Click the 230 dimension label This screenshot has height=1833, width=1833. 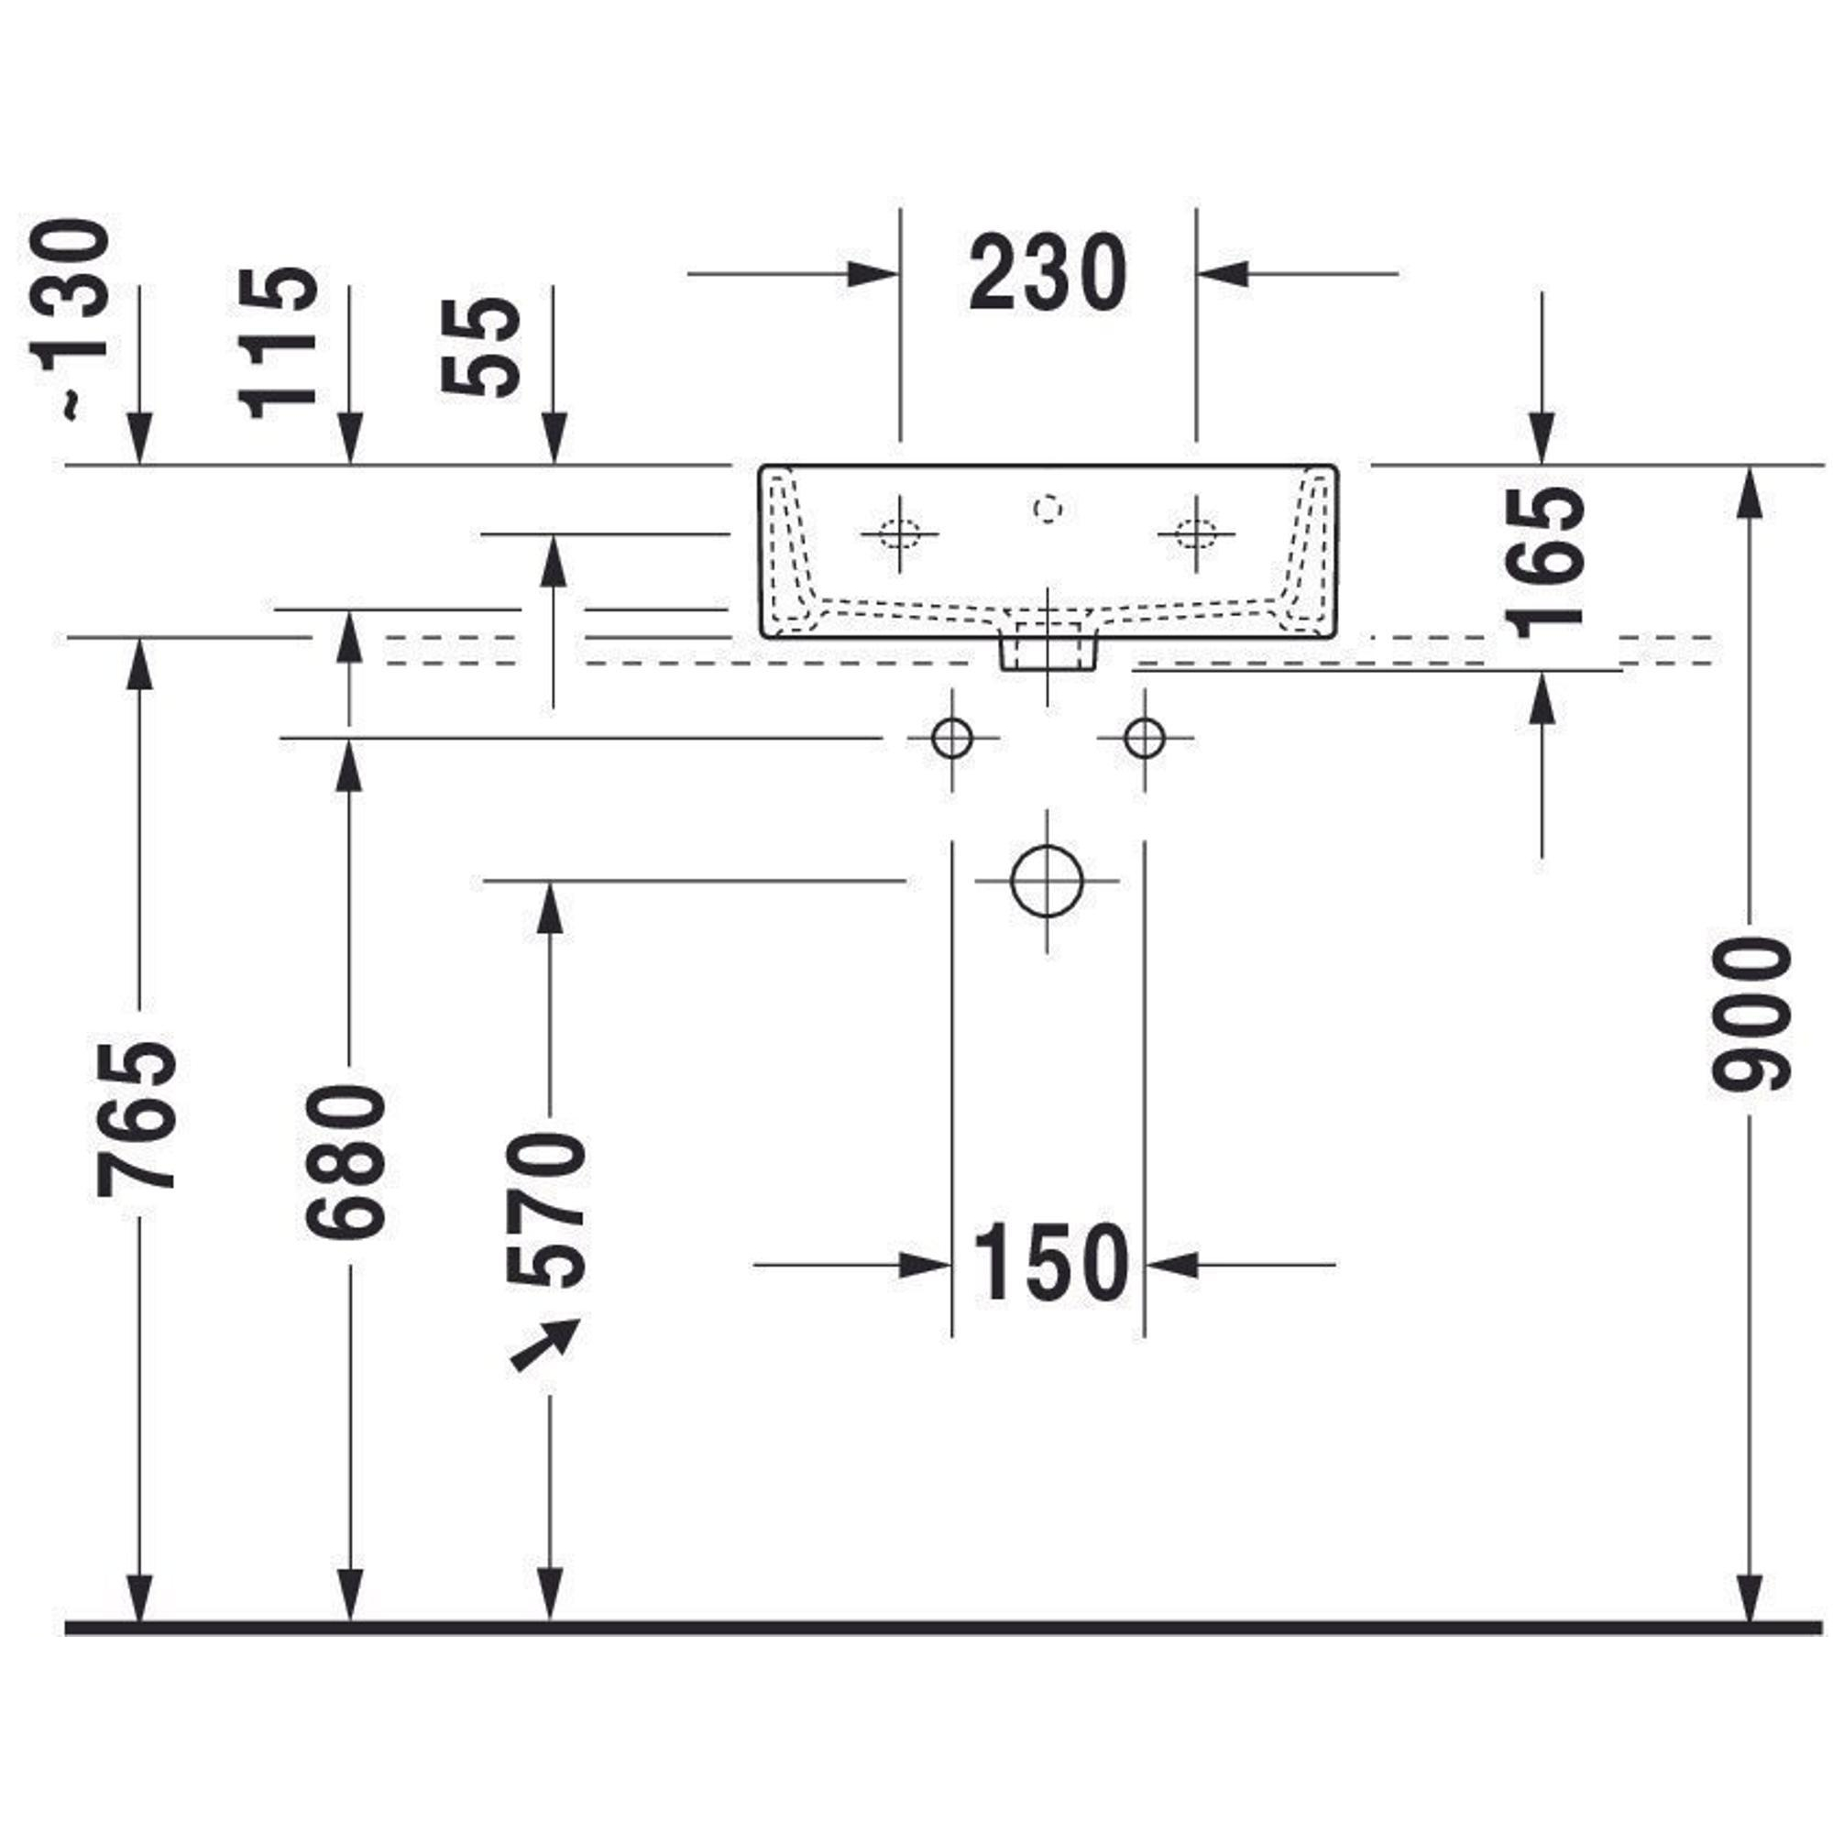pyautogui.click(x=1048, y=274)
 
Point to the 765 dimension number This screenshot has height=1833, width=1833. pyautogui.click(x=137, y=1117)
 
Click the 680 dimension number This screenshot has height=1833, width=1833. pyautogui.click(x=347, y=1161)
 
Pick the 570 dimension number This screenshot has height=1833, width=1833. pyautogui.click(x=547, y=1211)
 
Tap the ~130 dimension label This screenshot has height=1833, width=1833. pyautogui.click(x=72, y=318)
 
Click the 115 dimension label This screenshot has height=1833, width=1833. pyautogui.click(x=277, y=343)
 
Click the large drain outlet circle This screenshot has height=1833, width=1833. pyautogui.click(x=1047, y=881)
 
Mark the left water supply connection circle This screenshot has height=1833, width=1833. pyautogui.click(x=951, y=738)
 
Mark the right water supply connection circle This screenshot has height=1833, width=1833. pyautogui.click(x=1144, y=738)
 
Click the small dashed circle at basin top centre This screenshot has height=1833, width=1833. pyautogui.click(x=1047, y=510)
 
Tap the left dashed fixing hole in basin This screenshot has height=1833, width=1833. pyautogui.click(x=898, y=533)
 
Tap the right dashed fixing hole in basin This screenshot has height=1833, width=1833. pyautogui.click(x=1195, y=533)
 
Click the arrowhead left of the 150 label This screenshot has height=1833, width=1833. pyautogui.click(x=924, y=1265)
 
